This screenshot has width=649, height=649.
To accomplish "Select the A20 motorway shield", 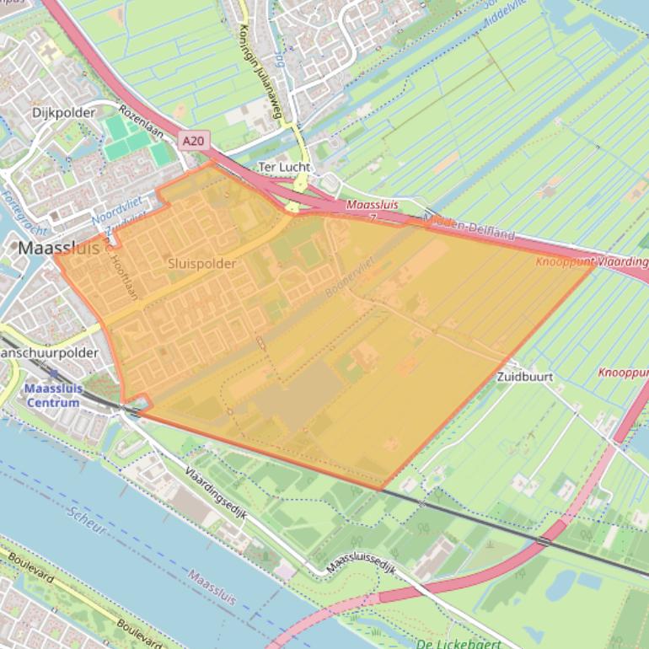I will [x=193, y=142].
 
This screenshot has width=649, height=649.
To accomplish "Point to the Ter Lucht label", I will [x=283, y=167].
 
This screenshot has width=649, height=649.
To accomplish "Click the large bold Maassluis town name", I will [x=58, y=249].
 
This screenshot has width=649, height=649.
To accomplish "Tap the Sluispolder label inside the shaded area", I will [x=201, y=264].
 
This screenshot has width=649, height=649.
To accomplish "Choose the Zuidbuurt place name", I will [x=525, y=377].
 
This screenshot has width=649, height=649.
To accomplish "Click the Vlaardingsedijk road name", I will [x=215, y=497].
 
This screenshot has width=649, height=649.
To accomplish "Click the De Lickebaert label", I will [x=459, y=644].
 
